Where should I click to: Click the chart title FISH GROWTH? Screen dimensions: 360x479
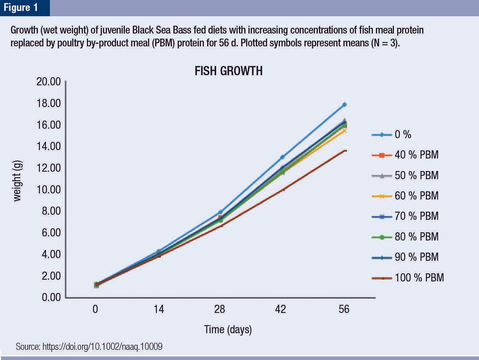229,71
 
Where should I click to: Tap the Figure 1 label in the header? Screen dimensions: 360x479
21,7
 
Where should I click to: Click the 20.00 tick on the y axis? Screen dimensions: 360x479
49,82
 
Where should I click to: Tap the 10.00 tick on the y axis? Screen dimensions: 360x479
49,189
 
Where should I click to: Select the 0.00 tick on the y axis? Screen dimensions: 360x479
51,297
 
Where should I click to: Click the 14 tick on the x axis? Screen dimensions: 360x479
159,309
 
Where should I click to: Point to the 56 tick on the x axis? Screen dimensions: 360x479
344,309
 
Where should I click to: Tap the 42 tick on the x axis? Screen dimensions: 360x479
280,309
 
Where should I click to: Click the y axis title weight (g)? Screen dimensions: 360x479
17,181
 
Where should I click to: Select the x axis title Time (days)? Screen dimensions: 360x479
228,329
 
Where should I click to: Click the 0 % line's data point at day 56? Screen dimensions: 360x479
344,105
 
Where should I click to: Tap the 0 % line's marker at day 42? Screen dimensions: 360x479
282,157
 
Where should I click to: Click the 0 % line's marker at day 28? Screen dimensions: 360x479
221,212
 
